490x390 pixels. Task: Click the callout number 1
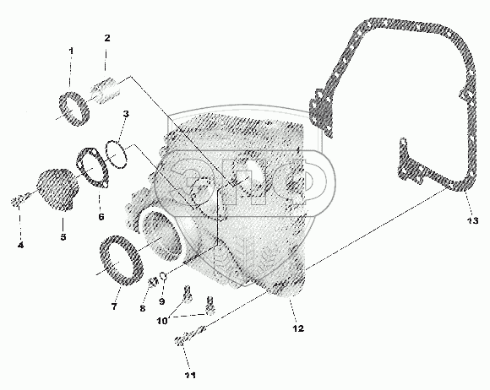point(71,51)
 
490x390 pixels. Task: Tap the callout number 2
point(107,38)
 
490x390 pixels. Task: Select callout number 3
point(126,114)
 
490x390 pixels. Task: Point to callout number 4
point(20,246)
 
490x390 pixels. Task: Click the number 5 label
point(63,236)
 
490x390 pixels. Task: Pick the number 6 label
point(101,216)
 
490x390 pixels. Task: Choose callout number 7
point(114,306)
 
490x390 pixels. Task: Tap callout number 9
point(162,301)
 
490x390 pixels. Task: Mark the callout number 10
point(162,321)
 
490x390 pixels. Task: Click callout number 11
point(190,376)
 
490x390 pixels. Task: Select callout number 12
point(298,328)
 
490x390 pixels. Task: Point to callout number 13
point(473,220)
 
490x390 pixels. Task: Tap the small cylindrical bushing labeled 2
point(106,90)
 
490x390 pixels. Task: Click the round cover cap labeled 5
point(57,190)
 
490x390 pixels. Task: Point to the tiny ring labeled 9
point(163,276)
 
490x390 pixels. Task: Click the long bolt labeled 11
point(190,336)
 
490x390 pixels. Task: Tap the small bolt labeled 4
point(20,199)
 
